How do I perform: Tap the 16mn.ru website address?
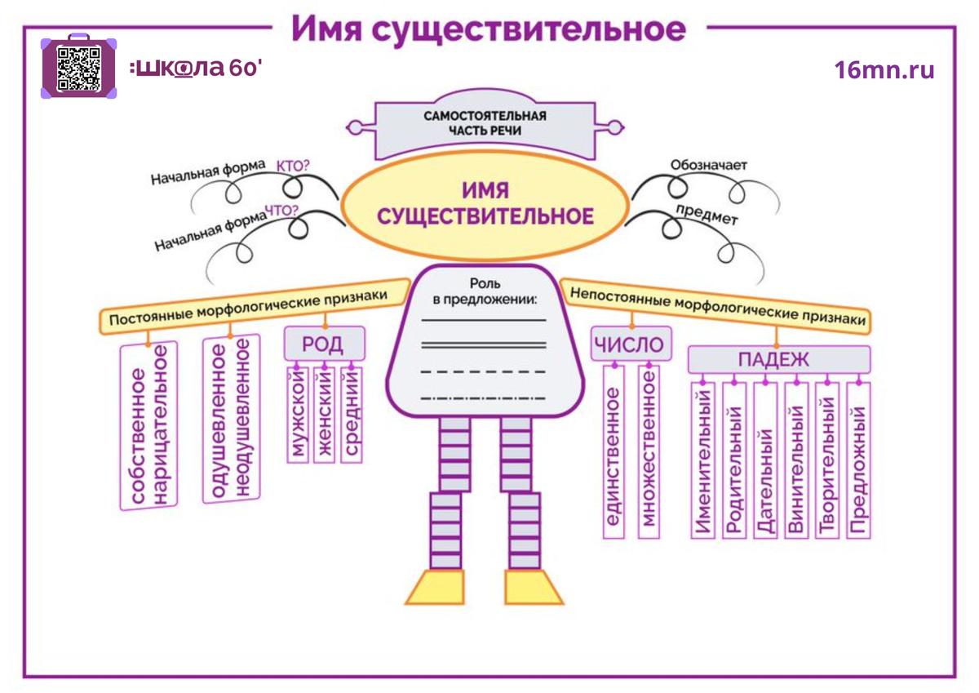click(884, 70)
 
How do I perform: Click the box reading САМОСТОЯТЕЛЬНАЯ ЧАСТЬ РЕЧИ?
click(485, 123)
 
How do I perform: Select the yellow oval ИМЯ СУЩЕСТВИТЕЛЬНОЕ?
click(485, 204)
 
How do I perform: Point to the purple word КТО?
click(293, 166)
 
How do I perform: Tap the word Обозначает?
click(708, 166)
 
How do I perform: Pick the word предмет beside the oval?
click(707, 215)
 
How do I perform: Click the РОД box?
click(324, 344)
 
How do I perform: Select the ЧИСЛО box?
click(628, 344)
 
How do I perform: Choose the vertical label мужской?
click(297, 415)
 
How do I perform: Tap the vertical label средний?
click(352, 415)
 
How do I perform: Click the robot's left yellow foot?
click(436, 585)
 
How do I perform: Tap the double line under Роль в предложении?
click(483, 345)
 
